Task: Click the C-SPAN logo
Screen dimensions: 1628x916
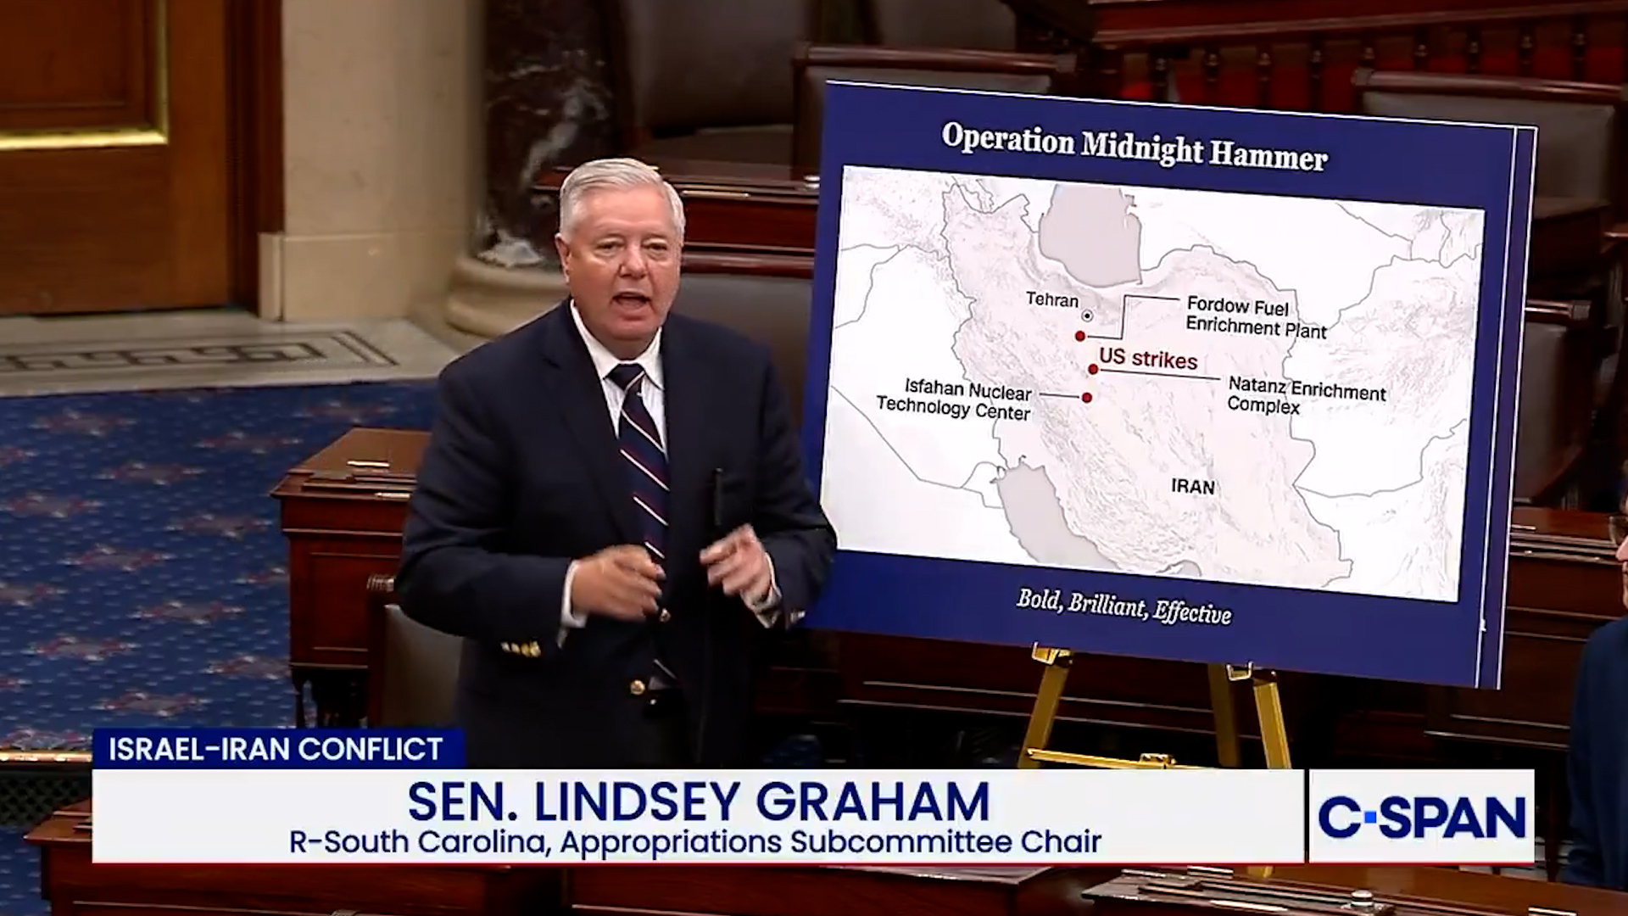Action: pos(1422,817)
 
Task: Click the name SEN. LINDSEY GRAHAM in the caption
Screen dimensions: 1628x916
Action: pos(698,801)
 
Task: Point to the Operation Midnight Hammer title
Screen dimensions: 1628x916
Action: pos(1135,148)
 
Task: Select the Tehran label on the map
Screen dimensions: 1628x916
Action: pos(1052,299)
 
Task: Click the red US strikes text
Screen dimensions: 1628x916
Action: pos(1149,359)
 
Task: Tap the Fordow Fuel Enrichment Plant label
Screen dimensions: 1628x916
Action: pos(1256,317)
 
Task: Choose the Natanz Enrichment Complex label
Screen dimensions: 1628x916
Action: pos(1307,396)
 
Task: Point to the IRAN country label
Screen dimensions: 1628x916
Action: pos(1193,487)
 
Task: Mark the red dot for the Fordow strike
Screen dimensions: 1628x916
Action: pos(1080,337)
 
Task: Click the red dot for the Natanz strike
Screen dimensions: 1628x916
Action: pos(1094,369)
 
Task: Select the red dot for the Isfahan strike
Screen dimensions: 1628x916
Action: pos(1087,397)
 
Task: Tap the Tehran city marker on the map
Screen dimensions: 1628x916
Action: pos(1088,316)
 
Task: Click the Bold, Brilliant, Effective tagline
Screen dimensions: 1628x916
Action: pos(1124,606)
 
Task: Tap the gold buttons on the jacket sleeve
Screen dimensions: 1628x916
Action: pos(521,650)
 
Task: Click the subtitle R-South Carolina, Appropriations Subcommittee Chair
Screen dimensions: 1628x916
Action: pos(695,842)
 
